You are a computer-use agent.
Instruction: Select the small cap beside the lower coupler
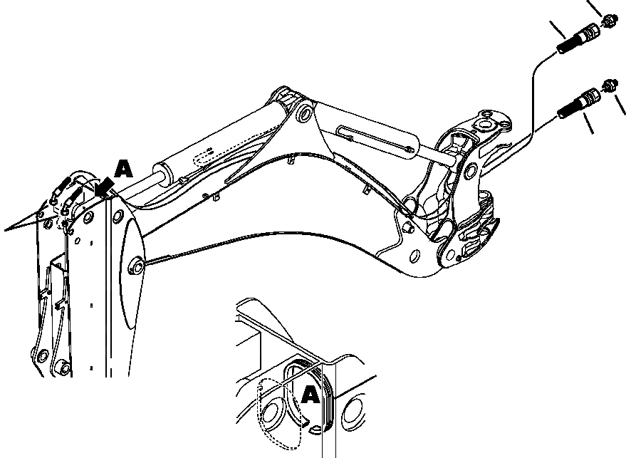click(609, 85)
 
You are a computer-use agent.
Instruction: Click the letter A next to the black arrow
click(124, 169)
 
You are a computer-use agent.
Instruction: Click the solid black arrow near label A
click(105, 187)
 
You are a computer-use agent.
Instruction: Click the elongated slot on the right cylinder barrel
click(371, 139)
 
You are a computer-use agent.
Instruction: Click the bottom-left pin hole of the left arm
click(62, 368)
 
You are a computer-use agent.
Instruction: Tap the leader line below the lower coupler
click(588, 125)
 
